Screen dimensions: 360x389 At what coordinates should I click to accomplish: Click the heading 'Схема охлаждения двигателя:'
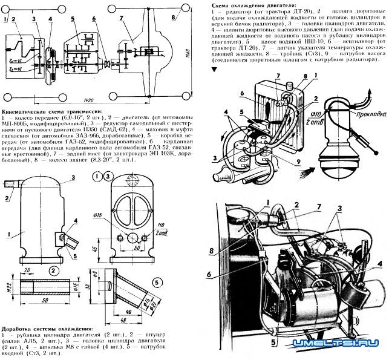point(250,4)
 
